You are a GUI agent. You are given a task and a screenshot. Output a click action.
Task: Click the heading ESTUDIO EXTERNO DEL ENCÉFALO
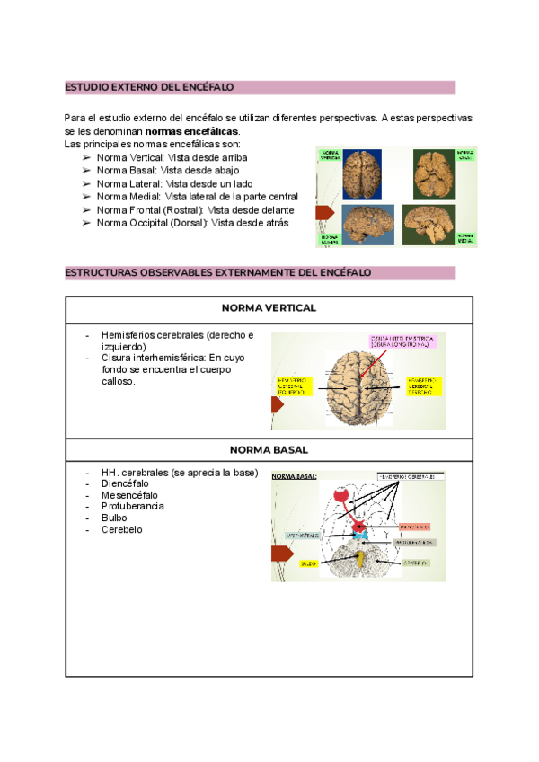149,87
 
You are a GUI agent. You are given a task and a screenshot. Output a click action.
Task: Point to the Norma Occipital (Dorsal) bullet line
192,223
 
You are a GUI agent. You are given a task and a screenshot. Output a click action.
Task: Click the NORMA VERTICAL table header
269,307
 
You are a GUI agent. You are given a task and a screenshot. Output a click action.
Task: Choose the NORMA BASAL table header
269,449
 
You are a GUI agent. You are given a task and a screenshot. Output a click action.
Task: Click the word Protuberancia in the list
132,506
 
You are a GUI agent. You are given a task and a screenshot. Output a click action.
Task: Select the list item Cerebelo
121,529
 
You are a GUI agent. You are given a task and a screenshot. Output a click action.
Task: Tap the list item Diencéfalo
125,483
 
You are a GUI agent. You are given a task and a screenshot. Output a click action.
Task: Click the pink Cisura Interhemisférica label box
401,341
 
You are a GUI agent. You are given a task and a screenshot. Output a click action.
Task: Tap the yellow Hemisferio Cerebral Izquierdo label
292,385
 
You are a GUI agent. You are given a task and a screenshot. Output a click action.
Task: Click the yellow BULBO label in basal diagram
306,563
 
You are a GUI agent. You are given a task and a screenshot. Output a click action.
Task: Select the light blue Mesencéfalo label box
302,535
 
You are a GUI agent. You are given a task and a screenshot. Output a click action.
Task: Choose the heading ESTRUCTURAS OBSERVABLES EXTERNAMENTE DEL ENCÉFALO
218,273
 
